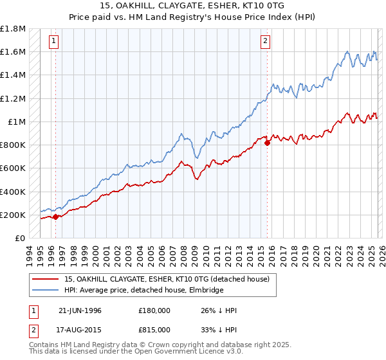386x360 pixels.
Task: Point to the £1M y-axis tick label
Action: [x=17, y=122]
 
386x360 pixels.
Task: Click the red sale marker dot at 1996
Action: [x=55, y=217]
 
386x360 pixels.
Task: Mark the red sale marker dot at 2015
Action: [x=267, y=143]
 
